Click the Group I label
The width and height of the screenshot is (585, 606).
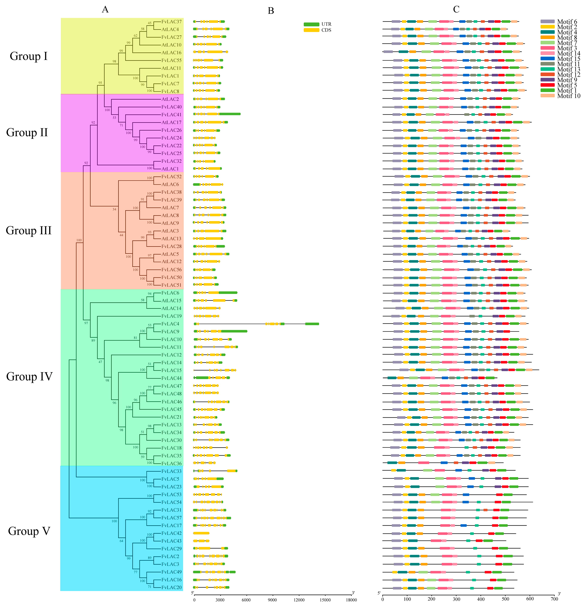point(29,56)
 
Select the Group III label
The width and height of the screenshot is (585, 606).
point(29,231)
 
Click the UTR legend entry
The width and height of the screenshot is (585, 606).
point(317,24)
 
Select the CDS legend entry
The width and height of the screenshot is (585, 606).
point(317,30)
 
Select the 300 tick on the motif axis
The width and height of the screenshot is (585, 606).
point(456,599)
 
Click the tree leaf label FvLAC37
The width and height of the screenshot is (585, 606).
point(171,22)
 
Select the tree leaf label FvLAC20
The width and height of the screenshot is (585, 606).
point(171,587)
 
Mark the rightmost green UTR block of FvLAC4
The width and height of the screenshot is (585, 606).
point(312,324)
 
